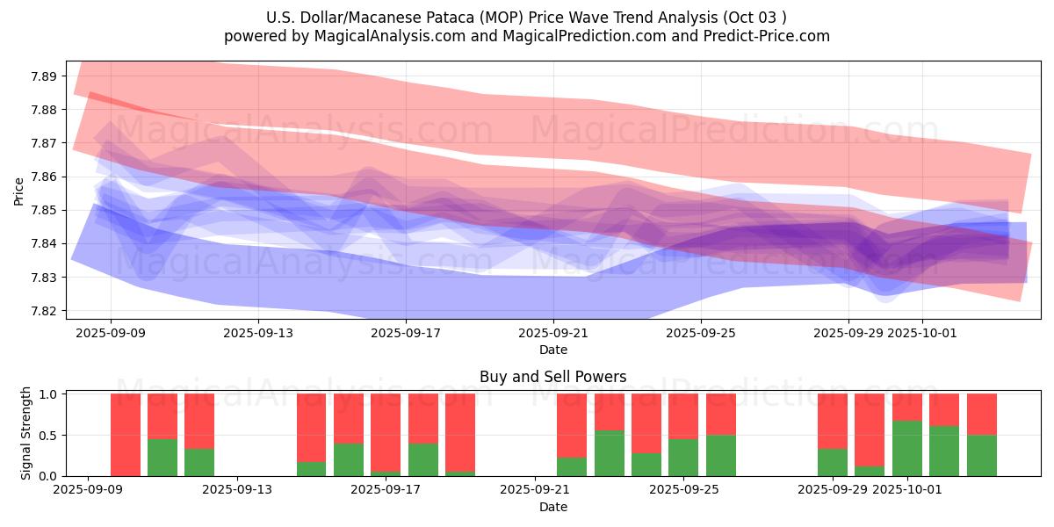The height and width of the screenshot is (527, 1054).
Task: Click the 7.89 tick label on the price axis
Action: tap(44, 76)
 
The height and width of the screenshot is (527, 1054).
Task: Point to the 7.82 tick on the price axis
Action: tap(44, 311)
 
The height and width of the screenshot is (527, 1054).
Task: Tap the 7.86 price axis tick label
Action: tap(44, 177)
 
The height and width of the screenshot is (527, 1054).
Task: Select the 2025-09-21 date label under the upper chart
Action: tap(553, 334)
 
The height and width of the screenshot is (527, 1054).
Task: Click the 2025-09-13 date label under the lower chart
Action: tap(237, 490)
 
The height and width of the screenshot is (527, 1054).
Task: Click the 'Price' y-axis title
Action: tap(19, 191)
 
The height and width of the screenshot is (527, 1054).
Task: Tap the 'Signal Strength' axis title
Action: tap(26, 433)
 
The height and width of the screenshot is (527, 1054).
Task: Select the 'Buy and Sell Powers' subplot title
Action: tap(553, 377)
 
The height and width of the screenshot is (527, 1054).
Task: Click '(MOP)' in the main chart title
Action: tap(482, 18)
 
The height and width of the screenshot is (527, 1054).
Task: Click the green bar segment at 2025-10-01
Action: tap(907, 448)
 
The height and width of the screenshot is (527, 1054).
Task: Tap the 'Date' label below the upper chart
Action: tap(553, 350)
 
